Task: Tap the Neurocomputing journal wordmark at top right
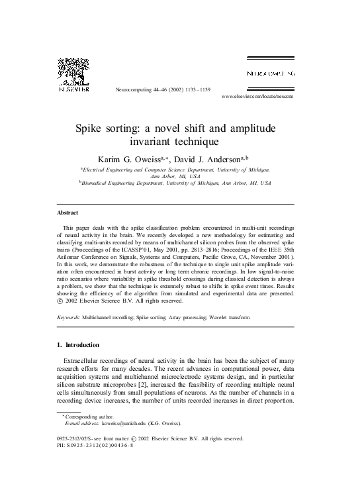click(x=271, y=73)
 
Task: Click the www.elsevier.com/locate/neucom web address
click(x=257, y=96)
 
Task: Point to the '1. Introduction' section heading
click(x=78, y=345)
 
